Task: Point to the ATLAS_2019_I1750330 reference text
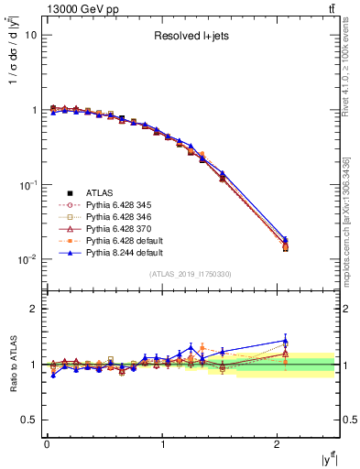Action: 191,274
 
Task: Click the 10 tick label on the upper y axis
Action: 31,35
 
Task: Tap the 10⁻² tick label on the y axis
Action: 27,259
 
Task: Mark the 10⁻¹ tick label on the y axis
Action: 27,184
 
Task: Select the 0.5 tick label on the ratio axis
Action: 31,420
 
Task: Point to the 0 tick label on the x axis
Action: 47,444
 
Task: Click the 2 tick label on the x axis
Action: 278,444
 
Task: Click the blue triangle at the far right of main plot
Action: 285,239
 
